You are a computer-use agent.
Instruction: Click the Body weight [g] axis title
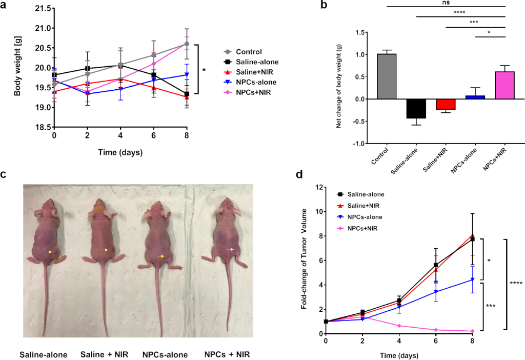point(19,68)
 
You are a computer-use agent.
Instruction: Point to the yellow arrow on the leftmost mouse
point(49,252)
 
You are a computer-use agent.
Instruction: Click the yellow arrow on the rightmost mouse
point(231,249)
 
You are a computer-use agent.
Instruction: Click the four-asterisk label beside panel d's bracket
point(516,283)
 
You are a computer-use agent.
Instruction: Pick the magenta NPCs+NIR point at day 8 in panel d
point(472,331)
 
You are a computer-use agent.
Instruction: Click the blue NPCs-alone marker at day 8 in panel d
point(472,279)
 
